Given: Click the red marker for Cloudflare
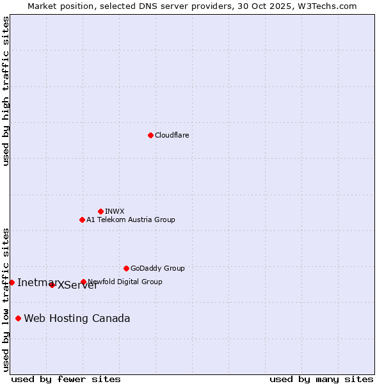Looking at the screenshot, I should [x=150, y=135].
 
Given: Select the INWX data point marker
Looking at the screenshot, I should [x=100, y=211].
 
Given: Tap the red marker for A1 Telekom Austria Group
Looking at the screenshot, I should [x=82, y=220].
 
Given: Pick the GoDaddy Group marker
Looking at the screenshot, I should [x=126, y=268].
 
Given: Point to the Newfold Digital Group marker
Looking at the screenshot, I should [x=83, y=282].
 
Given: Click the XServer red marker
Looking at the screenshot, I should [x=52, y=285].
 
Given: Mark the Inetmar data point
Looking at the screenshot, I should [x=12, y=282].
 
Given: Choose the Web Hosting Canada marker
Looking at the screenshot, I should [x=18, y=318].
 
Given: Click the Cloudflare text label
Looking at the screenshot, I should [x=172, y=135].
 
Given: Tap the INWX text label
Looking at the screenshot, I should [x=115, y=211].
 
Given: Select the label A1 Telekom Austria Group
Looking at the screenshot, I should [x=131, y=220].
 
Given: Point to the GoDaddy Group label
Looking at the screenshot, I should [x=157, y=268].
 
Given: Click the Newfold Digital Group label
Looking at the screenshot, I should [x=125, y=282].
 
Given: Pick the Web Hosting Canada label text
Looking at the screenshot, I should [x=77, y=318].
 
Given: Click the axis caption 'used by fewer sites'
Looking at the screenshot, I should [x=66, y=379].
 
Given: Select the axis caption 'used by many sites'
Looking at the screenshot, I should [x=321, y=379].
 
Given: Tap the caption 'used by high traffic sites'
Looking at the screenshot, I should [x=6, y=91].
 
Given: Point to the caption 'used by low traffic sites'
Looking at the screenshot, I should [x=6, y=299].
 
